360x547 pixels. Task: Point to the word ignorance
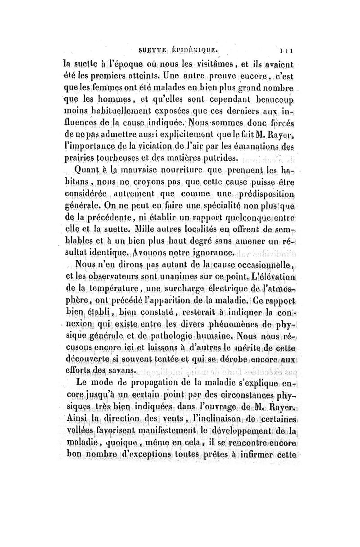[x=211, y=252]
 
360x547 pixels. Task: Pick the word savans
[x=121, y=369]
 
